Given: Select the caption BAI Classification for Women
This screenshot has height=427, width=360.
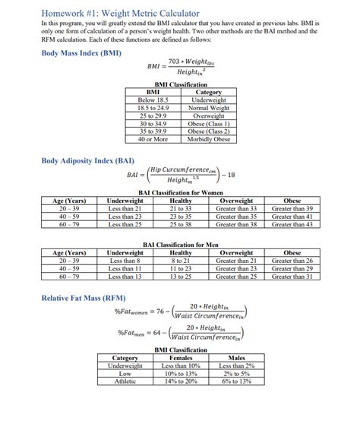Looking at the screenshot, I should [x=181, y=193].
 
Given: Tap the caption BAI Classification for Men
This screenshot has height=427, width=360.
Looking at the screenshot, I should [x=181, y=245].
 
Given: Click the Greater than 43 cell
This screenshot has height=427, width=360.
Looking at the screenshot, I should [x=292, y=224].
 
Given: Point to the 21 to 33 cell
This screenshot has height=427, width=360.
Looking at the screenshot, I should [x=181, y=208].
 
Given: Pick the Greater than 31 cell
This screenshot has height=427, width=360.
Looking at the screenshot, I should [x=292, y=277].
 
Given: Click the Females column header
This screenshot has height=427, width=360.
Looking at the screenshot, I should [x=180, y=357].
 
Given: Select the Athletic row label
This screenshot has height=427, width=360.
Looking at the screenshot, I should [x=125, y=381].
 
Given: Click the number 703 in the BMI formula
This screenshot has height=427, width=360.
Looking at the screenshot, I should [x=175, y=61].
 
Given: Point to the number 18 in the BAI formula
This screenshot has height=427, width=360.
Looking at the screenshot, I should [x=232, y=175].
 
